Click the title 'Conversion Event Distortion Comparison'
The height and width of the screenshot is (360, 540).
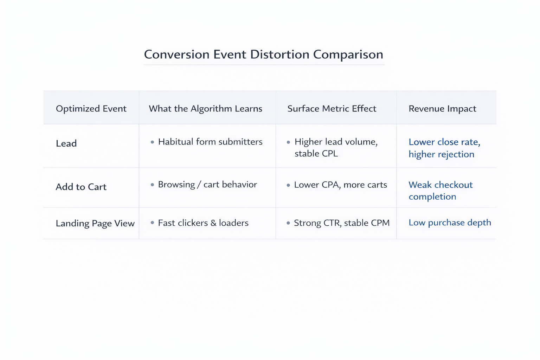pos(263,54)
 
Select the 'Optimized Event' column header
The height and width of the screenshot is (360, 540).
pos(91,109)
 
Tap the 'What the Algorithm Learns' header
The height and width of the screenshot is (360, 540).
pos(205,109)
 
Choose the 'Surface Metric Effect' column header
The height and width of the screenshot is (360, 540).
pos(332,109)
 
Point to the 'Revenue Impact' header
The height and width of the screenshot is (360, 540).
pos(442,109)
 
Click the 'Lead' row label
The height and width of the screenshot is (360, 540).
pos(66,143)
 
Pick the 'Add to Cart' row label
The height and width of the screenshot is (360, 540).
pos(81,187)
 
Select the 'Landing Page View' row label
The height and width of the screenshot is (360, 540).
pos(95,223)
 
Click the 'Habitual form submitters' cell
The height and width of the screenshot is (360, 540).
pos(210,142)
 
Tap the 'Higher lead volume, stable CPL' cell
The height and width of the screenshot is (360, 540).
pos(336,148)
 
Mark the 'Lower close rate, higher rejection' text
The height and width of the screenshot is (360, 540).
pos(444,148)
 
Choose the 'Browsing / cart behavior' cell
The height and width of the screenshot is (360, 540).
pos(207,185)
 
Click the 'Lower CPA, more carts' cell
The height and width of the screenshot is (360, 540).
pos(340,185)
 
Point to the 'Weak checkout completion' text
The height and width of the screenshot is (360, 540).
pos(441,191)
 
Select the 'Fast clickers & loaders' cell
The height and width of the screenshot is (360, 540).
pos(203,223)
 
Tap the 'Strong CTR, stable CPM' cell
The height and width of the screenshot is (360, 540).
pos(341,223)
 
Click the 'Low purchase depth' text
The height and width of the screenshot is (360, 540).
pos(450,223)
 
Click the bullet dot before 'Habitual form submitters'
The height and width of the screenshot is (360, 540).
pos(152,142)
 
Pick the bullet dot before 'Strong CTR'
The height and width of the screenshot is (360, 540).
pos(288,223)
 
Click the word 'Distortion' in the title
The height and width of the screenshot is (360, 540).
pos(279,54)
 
